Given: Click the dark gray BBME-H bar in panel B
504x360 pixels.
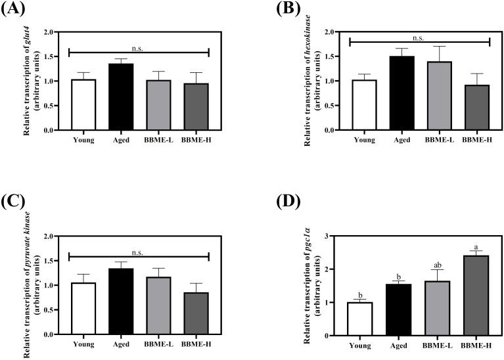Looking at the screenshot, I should pos(473,108).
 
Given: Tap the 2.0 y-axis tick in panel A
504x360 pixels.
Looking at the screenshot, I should pos(47,32).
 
